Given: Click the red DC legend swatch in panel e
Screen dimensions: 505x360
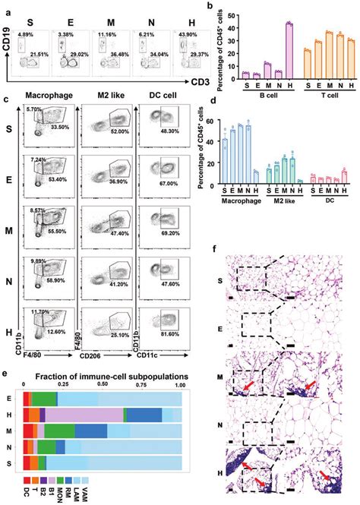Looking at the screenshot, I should (x=27, y=480).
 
